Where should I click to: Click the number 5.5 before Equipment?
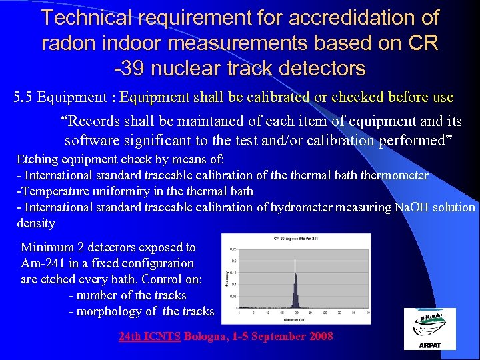[x=23, y=97]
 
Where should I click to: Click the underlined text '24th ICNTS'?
[x=149, y=336]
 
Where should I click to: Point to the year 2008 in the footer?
[x=321, y=336]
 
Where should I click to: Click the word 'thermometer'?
[x=396, y=175]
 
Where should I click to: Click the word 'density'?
[x=36, y=223]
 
